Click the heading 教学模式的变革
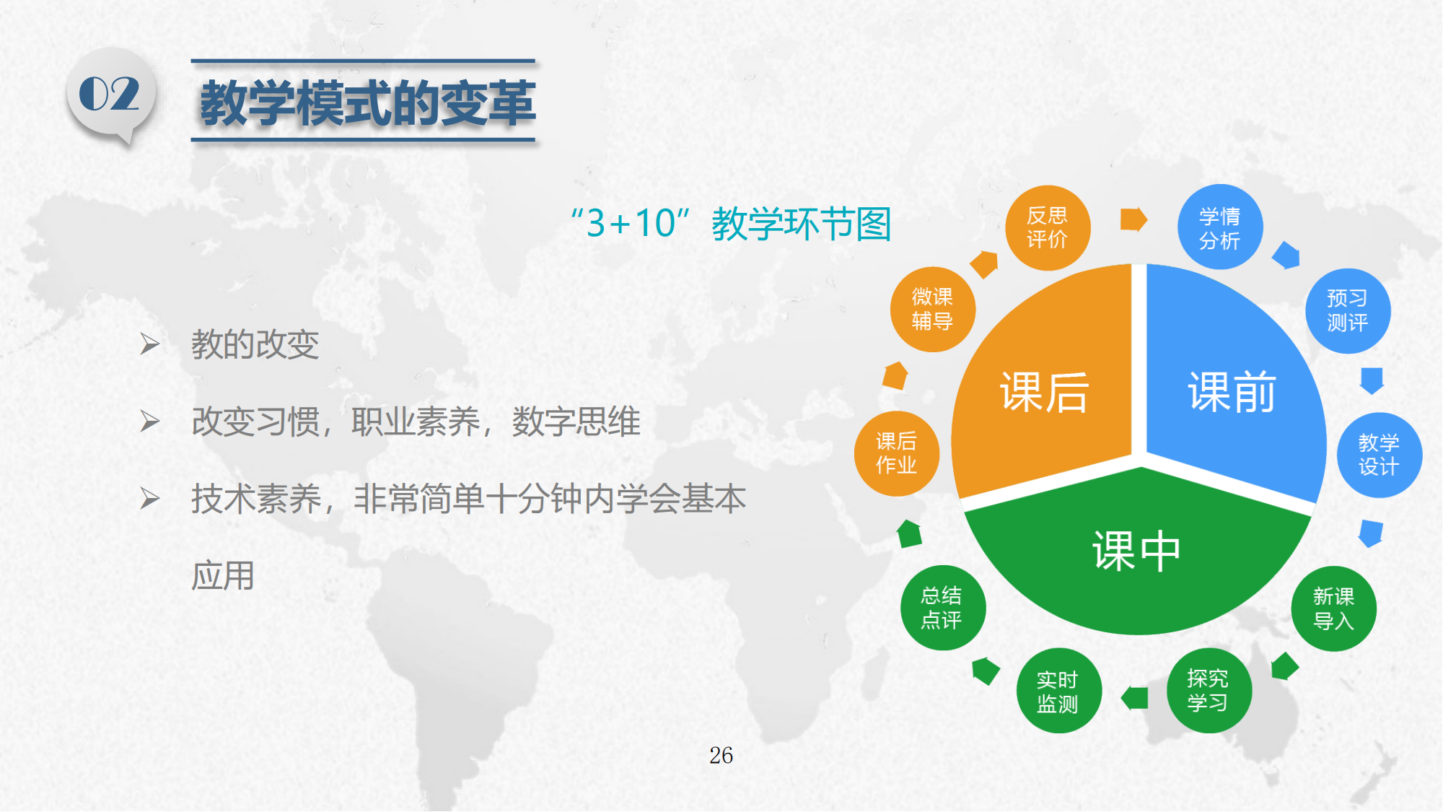367,103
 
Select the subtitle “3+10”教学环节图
731,223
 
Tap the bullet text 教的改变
255,344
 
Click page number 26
721,755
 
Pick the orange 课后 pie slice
1046,390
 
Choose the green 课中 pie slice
1137,552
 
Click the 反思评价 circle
1048,227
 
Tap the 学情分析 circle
1220,227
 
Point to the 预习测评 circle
1348,310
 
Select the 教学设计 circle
1379,455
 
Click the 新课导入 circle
1333,608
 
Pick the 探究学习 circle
1209,691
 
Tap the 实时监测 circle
1058,691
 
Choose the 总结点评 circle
942,608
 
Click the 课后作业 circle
897,453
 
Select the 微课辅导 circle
933,309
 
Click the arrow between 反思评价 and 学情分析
1133,219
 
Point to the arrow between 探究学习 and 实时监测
1134,698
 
